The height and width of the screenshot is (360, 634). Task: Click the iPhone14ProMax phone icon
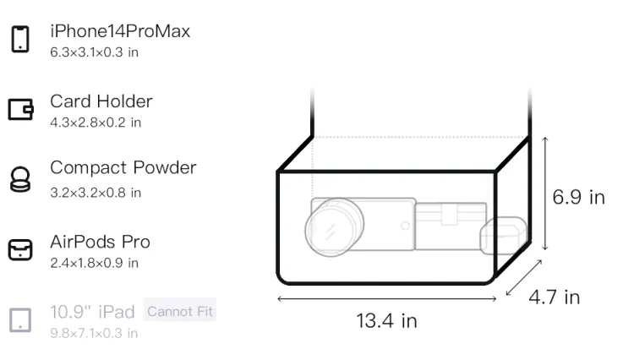(20, 39)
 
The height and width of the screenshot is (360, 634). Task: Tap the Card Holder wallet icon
(20, 109)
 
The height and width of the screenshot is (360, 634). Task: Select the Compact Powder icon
(19, 179)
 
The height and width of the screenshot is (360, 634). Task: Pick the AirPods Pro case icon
(20, 249)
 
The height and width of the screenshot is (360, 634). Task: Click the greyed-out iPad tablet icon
(20, 320)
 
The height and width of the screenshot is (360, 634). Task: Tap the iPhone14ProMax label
(120, 31)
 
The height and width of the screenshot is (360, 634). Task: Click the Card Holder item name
(101, 101)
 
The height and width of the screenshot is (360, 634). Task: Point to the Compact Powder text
(123, 168)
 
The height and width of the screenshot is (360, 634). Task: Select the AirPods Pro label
(101, 242)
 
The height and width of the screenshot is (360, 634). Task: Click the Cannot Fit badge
(180, 312)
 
